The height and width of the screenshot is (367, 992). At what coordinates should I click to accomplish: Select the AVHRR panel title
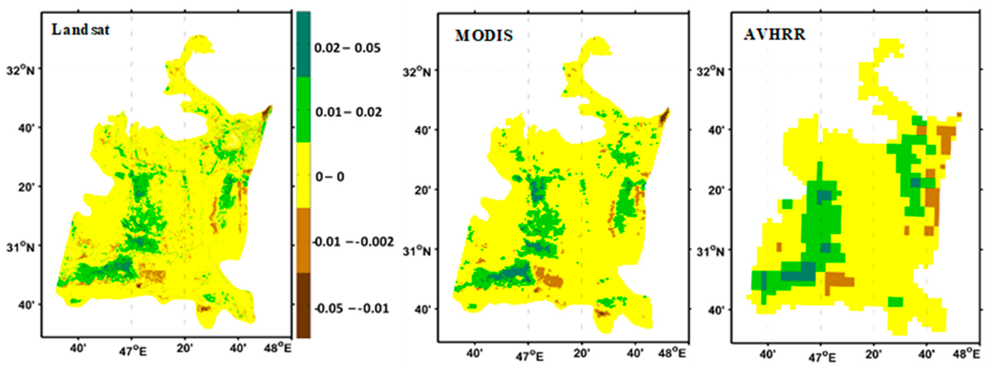click(x=774, y=34)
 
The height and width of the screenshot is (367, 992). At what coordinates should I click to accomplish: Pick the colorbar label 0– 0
click(x=330, y=177)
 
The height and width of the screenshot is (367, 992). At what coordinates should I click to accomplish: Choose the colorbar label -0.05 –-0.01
click(x=351, y=308)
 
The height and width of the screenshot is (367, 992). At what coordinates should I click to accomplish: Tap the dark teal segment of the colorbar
click(x=303, y=44)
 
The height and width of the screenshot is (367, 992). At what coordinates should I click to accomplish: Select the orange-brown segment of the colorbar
click(x=303, y=240)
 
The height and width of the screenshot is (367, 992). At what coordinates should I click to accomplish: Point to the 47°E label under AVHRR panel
click(x=822, y=357)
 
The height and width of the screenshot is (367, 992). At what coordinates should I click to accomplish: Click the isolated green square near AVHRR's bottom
click(x=895, y=302)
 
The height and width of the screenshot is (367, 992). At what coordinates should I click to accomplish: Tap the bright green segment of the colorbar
click(x=303, y=110)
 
